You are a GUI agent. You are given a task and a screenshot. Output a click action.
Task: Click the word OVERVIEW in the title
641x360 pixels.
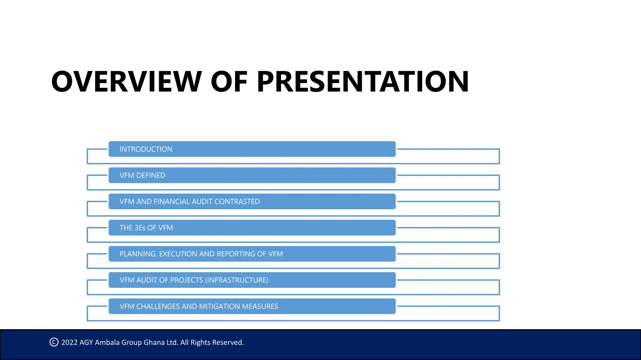tap(126, 82)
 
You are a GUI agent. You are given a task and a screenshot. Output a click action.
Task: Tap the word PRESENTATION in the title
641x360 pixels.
tap(362, 82)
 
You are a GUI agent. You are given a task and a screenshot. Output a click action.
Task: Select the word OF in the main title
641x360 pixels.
tap(229, 82)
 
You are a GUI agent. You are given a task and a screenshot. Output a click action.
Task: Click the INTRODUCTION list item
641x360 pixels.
tap(146, 149)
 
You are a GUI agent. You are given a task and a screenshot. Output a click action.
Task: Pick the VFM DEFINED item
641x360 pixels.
tap(142, 176)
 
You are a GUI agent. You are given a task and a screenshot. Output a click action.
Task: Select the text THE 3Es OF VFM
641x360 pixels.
tap(146, 228)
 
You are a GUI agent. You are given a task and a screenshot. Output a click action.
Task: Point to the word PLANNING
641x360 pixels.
tap(138, 254)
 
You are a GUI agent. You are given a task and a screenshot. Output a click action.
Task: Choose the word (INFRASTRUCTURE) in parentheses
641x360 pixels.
tap(237, 280)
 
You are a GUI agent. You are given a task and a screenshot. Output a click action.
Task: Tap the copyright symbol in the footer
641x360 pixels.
tap(54, 342)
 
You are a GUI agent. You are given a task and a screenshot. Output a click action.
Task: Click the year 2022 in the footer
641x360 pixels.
tap(69, 342)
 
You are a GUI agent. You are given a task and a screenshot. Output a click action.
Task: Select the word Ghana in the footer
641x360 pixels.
tap(154, 342)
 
